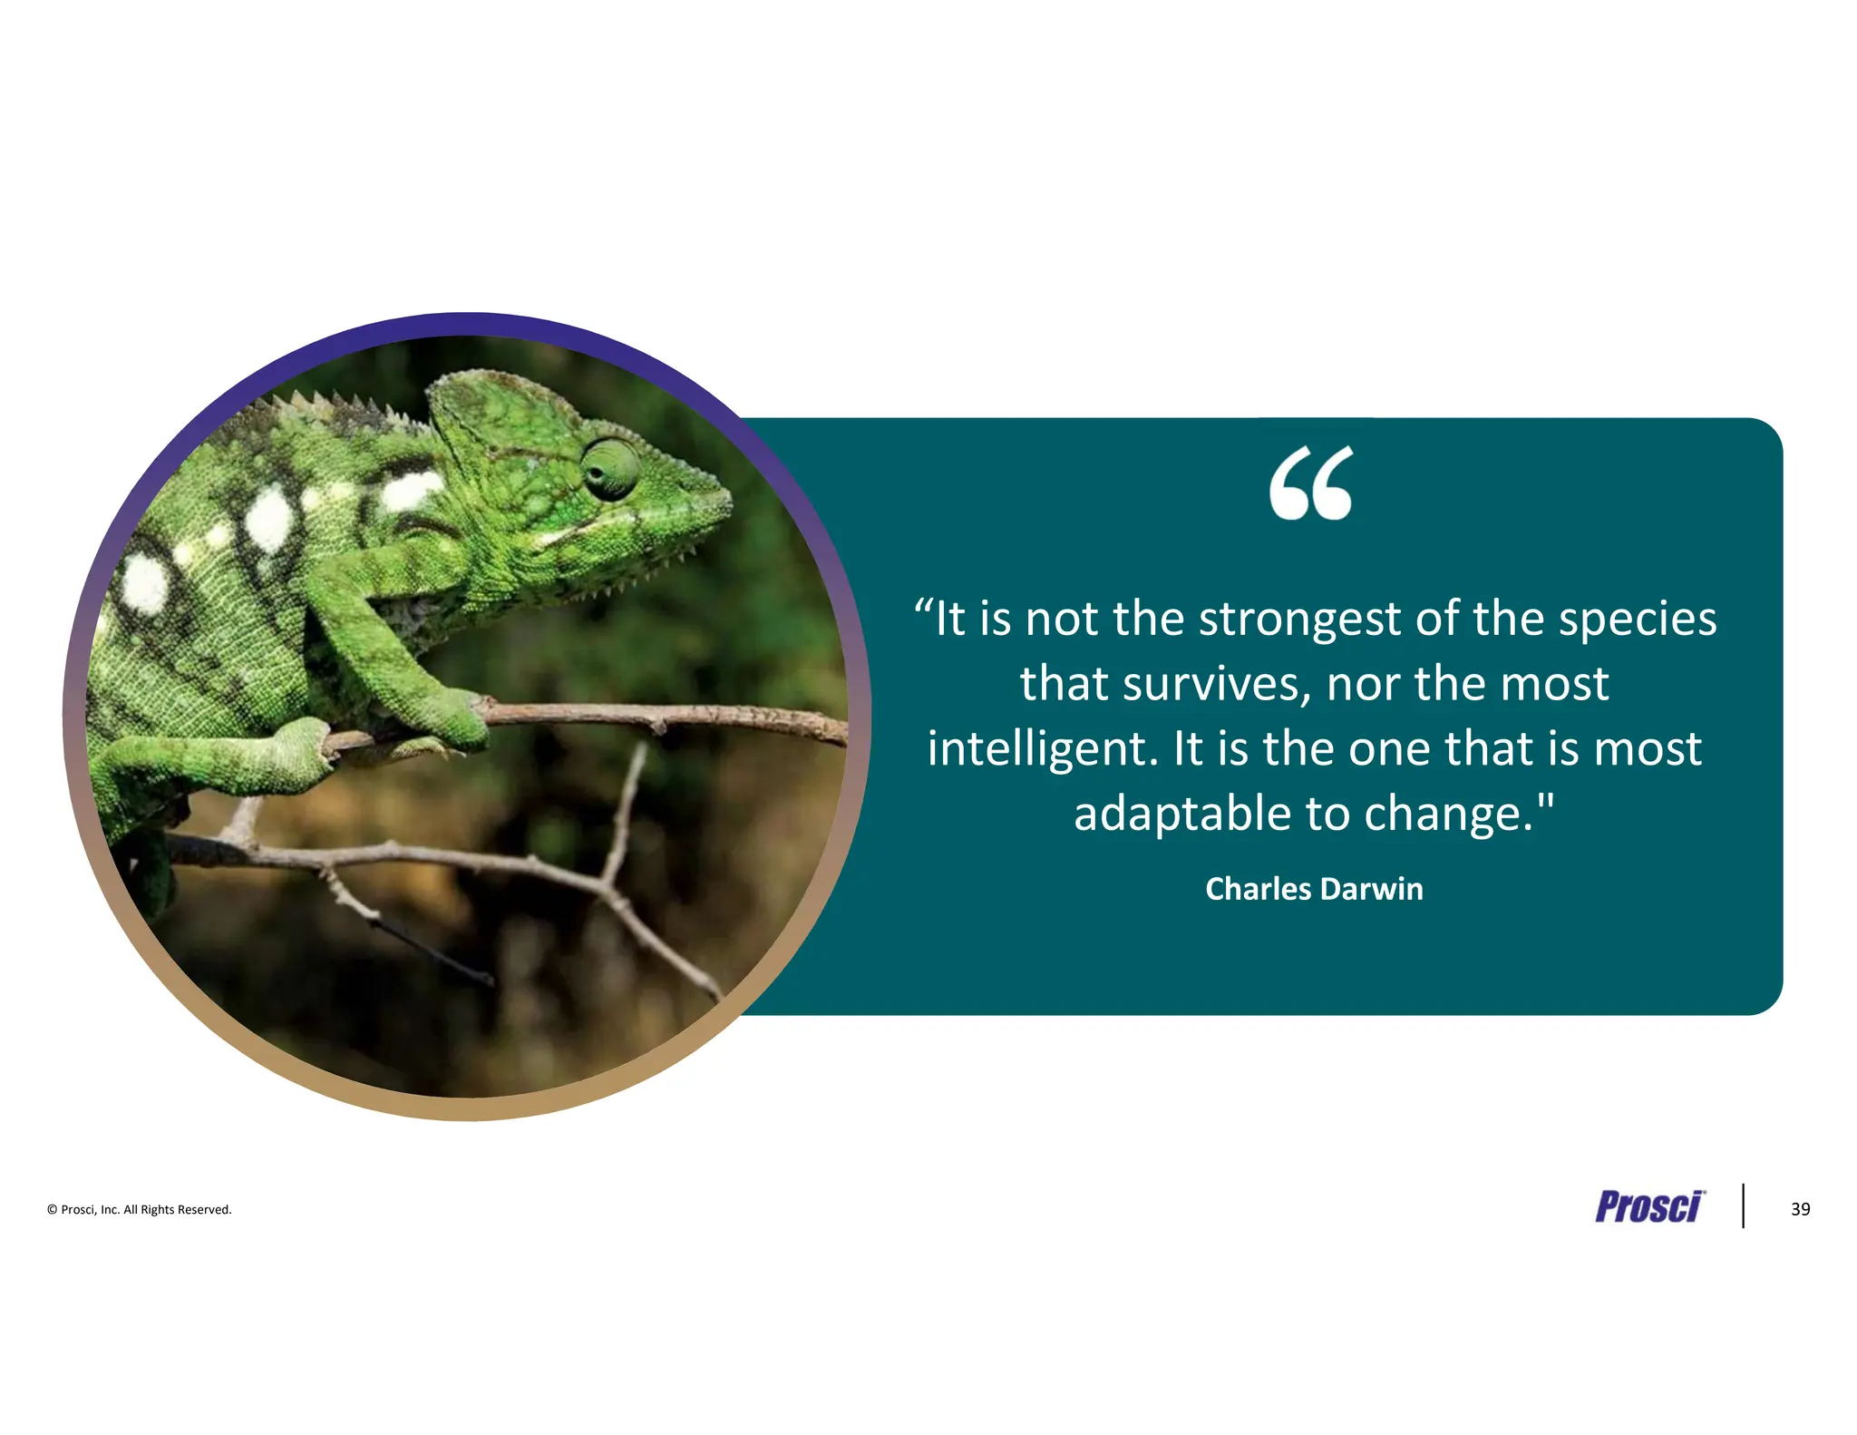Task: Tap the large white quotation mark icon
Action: click(1310, 483)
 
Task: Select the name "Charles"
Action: click(1258, 889)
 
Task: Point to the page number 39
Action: click(1800, 1209)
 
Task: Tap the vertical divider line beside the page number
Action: click(1743, 1206)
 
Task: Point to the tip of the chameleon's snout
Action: click(727, 500)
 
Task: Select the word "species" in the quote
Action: click(1637, 620)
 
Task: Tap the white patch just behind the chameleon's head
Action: click(410, 491)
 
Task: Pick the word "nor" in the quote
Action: click(1362, 685)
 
